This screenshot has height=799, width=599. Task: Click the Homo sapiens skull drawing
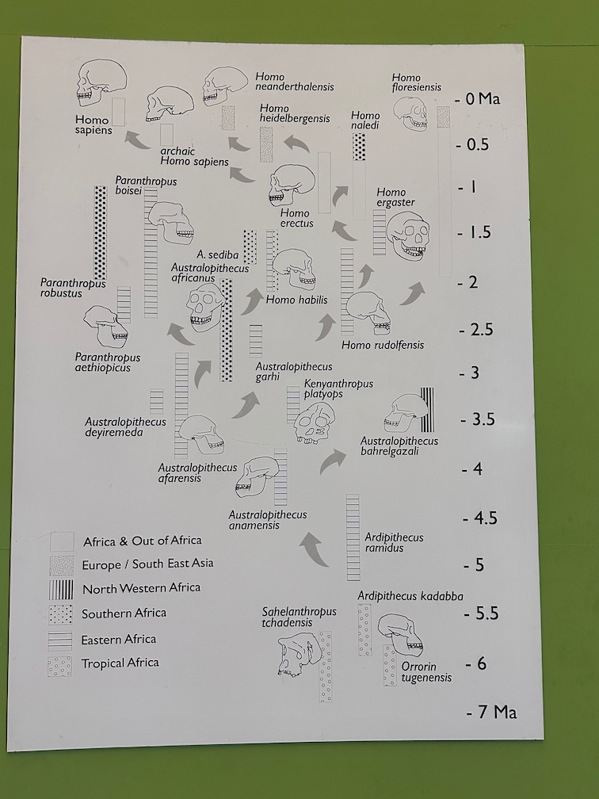pos(102,83)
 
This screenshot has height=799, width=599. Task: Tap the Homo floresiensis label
pos(417,82)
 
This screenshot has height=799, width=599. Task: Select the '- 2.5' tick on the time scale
pos(475,330)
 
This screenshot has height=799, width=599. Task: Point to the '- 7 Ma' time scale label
pos(491,712)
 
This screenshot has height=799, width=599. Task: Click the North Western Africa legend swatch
pos(61,590)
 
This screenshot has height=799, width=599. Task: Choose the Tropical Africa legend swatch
pos(60,667)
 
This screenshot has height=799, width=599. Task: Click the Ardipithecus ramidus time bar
pos(353,537)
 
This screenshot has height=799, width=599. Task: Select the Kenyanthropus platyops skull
pos(315,423)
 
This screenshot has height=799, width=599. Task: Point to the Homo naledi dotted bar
pos(359,147)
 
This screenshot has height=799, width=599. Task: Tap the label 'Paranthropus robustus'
pos(73,288)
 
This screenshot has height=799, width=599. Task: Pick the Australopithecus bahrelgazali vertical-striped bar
pos(427,410)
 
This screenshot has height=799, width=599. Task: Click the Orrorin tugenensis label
pos(426,672)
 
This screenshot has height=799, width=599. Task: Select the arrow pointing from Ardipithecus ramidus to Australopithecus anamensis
pos(315,549)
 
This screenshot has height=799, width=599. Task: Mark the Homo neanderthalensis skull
pos(225,86)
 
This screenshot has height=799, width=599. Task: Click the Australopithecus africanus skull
pos(204,308)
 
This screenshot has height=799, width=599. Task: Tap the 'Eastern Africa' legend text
pos(119,640)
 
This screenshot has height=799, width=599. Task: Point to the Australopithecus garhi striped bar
pos(256,341)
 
